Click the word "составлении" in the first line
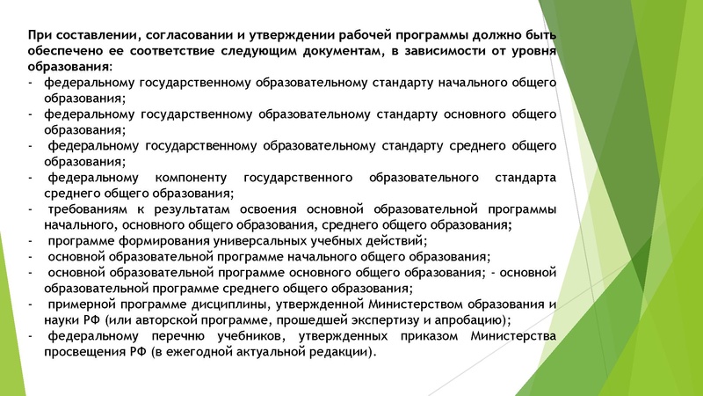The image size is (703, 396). coord(93,35)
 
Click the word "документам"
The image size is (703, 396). coord(338,51)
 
